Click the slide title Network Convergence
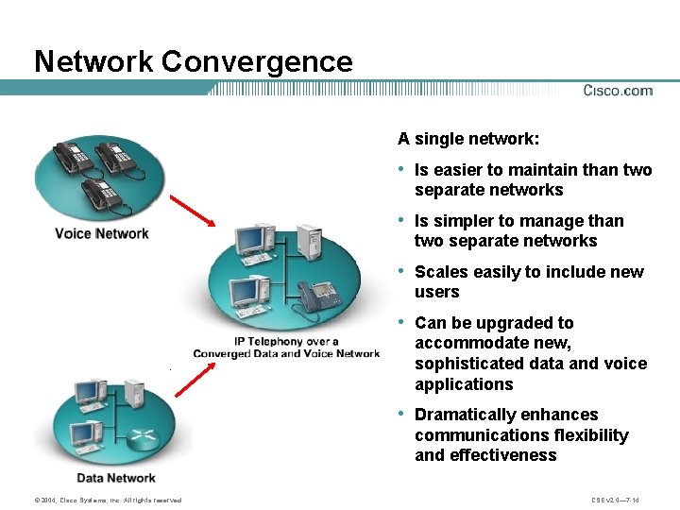pos(193,61)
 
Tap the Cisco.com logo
pos(618,91)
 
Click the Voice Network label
pos(102,233)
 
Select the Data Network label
pos(116,478)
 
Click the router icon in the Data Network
pos(143,437)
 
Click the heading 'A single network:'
pos(468,139)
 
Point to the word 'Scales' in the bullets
pos(441,272)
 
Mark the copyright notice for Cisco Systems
pos(94,500)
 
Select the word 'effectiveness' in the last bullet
pos(501,455)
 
